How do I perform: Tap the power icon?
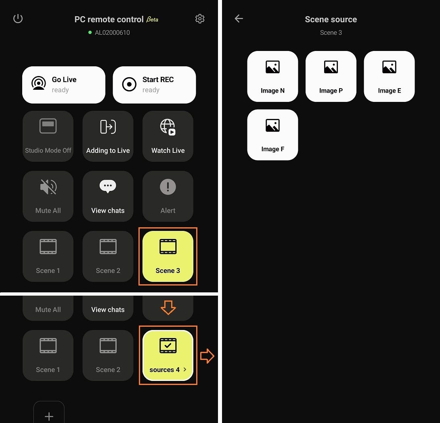point(18,19)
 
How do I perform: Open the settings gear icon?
point(200,19)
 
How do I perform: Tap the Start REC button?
point(154,85)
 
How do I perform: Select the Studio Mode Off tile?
point(48,136)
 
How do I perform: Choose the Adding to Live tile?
point(108,136)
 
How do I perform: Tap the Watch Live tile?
point(168,136)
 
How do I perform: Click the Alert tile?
point(168,196)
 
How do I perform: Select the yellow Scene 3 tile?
point(168,256)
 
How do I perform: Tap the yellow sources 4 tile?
point(168,355)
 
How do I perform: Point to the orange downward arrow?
point(168,307)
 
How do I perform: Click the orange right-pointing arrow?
point(207,356)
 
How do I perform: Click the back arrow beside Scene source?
point(239,19)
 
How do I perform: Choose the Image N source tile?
point(272,76)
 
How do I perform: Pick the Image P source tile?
point(331,76)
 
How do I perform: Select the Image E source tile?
point(389,76)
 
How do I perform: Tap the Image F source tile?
point(272,135)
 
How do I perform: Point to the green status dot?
point(90,32)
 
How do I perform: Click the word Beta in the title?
point(152,19)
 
